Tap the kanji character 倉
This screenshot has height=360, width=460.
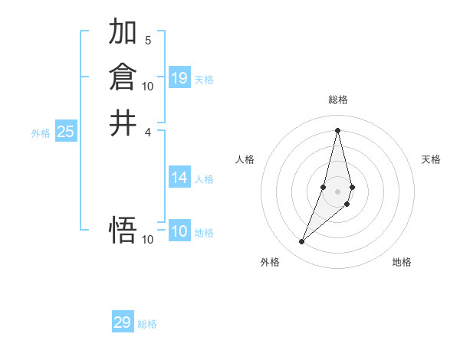pos(123,77)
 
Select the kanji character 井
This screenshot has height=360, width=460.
pos(123,123)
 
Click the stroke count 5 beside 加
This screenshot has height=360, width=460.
pos(148,40)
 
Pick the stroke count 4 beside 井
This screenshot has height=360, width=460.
pos(148,132)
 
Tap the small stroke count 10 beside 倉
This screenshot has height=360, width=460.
pos(148,86)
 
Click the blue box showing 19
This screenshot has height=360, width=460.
pos(179,78)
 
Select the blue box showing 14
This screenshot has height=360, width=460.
pos(179,178)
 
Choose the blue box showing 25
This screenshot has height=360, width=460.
pos(65,132)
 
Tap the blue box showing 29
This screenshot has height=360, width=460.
pos(123,322)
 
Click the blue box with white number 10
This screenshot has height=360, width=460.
pos(179,231)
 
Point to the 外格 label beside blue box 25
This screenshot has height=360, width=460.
pos(41,133)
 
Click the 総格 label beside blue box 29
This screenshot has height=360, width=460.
pos(147,324)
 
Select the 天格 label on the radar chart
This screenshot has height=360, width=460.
pos(431,159)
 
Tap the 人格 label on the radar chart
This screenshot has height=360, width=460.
pos(245,159)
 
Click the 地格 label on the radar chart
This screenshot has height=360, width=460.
pos(402,262)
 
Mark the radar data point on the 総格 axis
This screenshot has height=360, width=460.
pos(337,129)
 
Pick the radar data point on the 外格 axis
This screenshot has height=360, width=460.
pos(301,242)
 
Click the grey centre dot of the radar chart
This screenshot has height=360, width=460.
pos(337,191)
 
